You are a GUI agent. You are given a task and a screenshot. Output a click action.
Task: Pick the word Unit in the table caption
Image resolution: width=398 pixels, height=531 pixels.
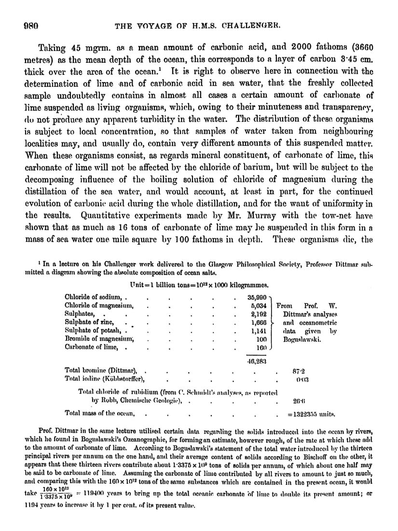(x=138, y=285)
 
